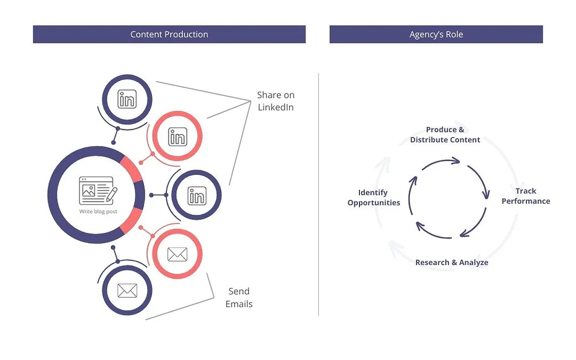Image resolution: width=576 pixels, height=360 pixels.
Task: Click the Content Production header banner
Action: pos(169,34)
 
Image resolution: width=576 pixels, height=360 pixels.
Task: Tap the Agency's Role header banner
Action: pos(436,34)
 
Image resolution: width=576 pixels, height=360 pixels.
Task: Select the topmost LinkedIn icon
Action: pos(127,99)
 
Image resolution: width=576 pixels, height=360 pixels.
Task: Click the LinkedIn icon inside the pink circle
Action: pos(177,137)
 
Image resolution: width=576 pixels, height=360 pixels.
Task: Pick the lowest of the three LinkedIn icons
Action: pos(197,195)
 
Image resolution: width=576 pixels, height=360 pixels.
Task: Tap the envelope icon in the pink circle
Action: pos(177,254)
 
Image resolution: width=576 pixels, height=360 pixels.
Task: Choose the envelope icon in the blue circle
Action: pos(127,291)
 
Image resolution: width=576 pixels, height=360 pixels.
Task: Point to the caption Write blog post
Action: pos(98,211)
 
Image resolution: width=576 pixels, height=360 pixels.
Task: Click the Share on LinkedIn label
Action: pos(276,101)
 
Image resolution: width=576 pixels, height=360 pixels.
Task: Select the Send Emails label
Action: pos(238,298)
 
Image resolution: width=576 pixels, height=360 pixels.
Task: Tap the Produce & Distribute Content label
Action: pos(445,134)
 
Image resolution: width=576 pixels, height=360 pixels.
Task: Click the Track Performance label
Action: pos(526,196)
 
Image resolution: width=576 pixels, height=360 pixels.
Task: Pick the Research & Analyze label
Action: pos(452,262)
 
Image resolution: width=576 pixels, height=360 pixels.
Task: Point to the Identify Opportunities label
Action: pos(373,197)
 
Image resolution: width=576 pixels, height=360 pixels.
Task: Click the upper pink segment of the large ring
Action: pos(132,169)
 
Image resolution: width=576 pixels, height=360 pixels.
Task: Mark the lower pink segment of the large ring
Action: pos(132,220)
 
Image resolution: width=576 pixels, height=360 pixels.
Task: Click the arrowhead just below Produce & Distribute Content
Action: pos(456,160)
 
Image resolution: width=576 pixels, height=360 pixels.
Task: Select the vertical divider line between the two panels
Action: pos(318,194)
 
